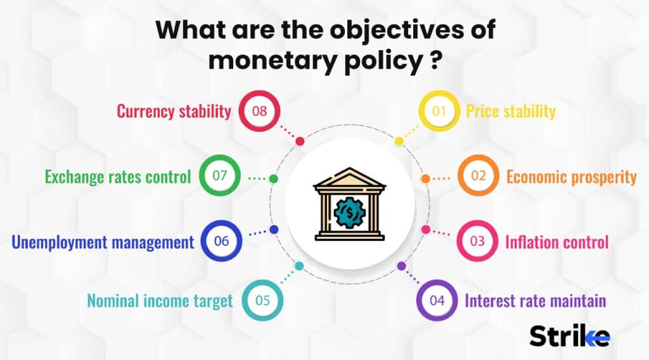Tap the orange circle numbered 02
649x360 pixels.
pos(478,176)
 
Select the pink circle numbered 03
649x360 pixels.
pos(478,241)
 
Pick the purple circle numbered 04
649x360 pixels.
pos(437,300)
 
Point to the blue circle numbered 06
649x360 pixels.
pos(221,241)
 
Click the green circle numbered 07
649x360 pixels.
pos(220,176)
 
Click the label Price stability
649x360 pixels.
pos(510,112)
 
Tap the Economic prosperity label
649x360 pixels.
pos(571,176)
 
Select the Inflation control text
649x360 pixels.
pos(556,241)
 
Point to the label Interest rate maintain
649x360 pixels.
pos(536,300)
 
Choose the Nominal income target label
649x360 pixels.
pos(160,300)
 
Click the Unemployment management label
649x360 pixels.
pos(103,241)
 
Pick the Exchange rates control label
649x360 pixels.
pos(118,176)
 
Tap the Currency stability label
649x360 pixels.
pos(174,112)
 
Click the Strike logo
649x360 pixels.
pos(570,336)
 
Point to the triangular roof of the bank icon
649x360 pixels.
pos(349,178)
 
